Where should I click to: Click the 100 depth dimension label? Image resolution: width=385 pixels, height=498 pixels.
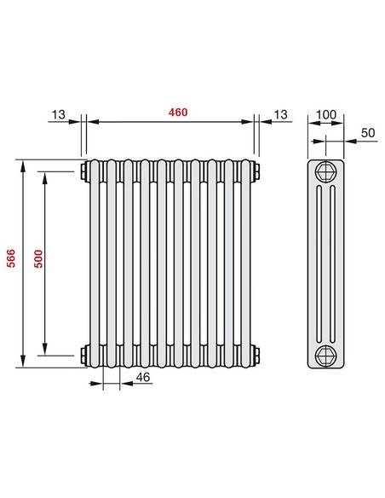pos(325,113)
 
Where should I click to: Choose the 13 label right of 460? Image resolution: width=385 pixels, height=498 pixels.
pos(281,113)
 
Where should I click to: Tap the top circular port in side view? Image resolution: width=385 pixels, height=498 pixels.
pos(325,172)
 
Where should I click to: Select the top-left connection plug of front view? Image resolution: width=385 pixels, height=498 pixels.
pos(82,171)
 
